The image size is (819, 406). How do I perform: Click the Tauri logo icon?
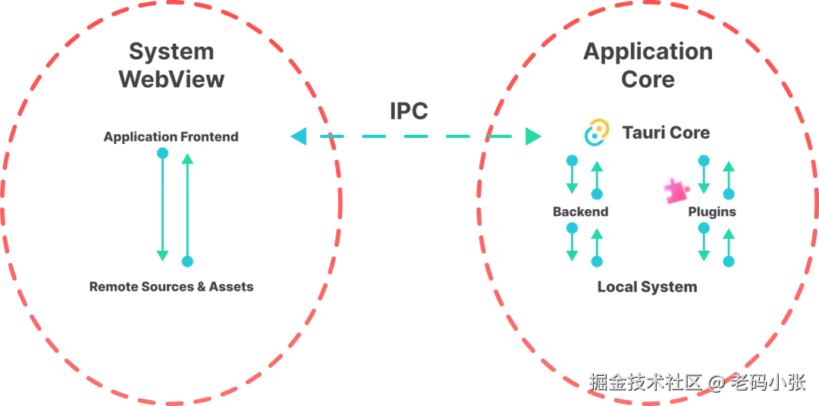(x=596, y=133)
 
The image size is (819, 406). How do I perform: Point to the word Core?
(x=690, y=133)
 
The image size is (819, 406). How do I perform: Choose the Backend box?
(x=580, y=212)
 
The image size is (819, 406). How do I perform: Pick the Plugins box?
(x=712, y=212)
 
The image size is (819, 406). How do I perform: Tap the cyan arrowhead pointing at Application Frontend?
(x=297, y=137)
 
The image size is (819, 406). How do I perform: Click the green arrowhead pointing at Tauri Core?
(x=532, y=137)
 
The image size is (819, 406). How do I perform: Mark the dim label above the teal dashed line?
(x=409, y=109)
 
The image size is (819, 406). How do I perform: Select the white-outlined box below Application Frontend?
(x=170, y=288)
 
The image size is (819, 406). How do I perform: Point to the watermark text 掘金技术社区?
(x=645, y=382)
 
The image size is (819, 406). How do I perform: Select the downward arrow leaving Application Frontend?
(x=162, y=205)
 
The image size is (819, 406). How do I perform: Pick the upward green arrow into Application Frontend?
(x=187, y=205)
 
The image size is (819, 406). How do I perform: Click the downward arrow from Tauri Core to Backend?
(x=572, y=176)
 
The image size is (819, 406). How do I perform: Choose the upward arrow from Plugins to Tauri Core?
(x=729, y=176)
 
